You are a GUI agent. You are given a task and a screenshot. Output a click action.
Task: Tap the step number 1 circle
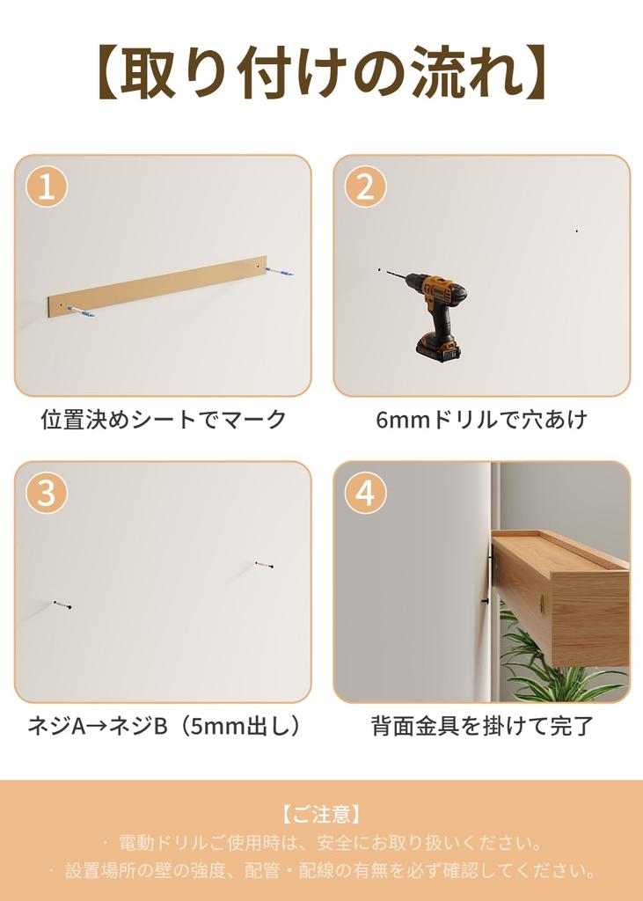coord(47,187)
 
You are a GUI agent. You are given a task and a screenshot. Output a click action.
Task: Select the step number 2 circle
coord(365,187)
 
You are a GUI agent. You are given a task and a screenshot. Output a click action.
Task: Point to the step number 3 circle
coord(47,493)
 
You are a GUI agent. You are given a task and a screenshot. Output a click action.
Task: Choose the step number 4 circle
coord(365,493)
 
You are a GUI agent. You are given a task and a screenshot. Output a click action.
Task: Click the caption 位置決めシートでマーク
coord(164,420)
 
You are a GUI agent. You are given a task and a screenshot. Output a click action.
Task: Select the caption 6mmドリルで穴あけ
coord(481,420)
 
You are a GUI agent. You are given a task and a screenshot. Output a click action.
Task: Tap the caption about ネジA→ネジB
coord(164,726)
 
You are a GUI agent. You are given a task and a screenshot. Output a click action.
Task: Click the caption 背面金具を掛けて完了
coord(481,726)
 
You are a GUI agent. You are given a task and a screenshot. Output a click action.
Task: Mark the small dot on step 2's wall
coord(576,231)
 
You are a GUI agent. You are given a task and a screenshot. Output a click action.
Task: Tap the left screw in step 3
coord(62,604)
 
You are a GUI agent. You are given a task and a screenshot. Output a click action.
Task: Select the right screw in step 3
coord(264,564)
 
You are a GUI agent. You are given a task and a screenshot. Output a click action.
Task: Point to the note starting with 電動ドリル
coord(321,843)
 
